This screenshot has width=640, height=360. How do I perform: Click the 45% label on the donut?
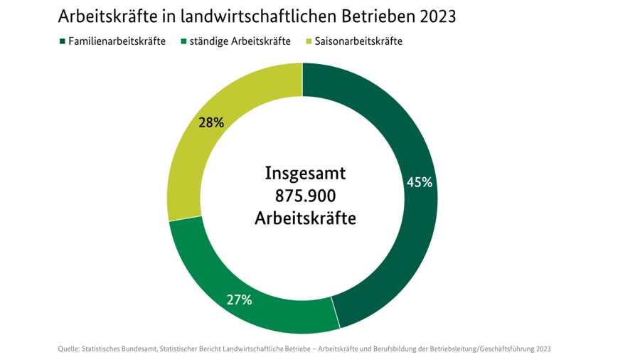tap(419, 182)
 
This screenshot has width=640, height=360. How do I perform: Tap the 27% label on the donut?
tap(239, 300)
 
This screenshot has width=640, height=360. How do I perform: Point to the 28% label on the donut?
tap(211, 122)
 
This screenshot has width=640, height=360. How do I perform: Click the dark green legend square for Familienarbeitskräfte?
tap(63, 41)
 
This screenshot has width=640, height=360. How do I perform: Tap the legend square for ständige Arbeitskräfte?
tap(183, 41)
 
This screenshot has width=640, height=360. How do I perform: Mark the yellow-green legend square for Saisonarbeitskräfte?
tap(309, 41)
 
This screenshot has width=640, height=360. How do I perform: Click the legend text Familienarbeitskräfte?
tap(117, 41)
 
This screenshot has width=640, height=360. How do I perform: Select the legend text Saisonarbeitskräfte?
tap(358, 41)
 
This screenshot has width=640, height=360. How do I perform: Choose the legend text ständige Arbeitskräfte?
tap(240, 41)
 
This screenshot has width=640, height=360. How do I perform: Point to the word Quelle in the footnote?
tap(68, 349)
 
